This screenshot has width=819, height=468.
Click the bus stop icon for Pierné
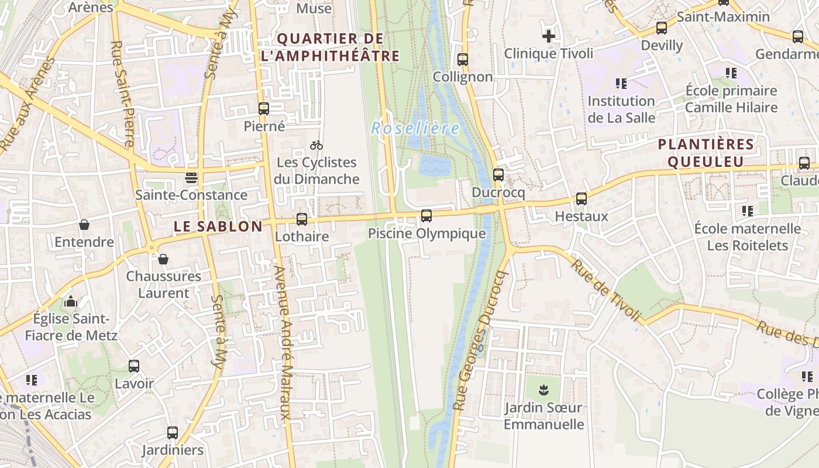click(x=264, y=109)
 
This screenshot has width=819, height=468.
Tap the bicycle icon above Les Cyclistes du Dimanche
click(x=316, y=145)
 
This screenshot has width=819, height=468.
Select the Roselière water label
click(x=415, y=128)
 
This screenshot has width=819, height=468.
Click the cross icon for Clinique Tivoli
click(x=548, y=36)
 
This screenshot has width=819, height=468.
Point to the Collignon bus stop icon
click(x=463, y=59)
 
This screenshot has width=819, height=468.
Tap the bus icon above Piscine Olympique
click(x=426, y=216)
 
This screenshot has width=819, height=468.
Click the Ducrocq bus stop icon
click(x=498, y=174)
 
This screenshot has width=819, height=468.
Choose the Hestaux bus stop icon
click(x=581, y=199)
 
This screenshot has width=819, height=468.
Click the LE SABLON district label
click(x=218, y=227)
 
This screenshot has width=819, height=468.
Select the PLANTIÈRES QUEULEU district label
click(x=706, y=153)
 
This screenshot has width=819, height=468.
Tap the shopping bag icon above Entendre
click(x=84, y=225)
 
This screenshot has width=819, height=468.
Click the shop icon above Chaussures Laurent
click(x=163, y=259)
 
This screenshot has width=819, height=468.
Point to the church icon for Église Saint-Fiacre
click(x=71, y=301)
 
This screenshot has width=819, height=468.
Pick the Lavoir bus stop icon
click(x=134, y=366)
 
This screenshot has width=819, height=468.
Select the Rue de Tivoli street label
click(x=606, y=290)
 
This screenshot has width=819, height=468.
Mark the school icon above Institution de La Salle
click(x=621, y=84)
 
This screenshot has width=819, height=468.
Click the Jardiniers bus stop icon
click(x=173, y=433)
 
